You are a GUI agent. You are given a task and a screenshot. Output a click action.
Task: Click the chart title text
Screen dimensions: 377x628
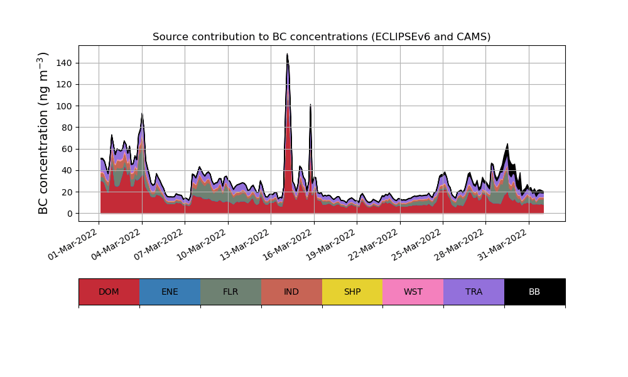point(322,37)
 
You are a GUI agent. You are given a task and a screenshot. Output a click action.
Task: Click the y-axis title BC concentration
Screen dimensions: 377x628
point(43,133)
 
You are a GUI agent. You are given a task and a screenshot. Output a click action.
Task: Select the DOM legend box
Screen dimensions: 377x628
point(109,292)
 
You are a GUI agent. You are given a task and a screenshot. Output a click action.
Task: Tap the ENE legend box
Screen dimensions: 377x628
point(170,292)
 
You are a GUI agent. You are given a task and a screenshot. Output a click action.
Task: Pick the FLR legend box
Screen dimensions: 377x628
point(230,292)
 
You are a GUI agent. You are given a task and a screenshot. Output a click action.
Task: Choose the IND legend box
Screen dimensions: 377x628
point(291,292)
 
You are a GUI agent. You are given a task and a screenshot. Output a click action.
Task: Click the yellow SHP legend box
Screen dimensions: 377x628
point(352,292)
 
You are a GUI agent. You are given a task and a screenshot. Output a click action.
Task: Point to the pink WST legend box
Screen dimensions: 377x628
point(413,292)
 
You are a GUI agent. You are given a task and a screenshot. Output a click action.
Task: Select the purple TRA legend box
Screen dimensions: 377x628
point(474,292)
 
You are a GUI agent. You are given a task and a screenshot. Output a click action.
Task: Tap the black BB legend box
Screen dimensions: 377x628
point(534,292)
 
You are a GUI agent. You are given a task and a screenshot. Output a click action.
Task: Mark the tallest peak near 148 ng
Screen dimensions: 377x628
point(287,55)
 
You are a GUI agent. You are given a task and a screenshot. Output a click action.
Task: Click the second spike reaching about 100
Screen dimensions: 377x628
point(310,105)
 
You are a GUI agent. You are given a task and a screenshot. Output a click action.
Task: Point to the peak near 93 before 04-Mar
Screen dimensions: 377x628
point(142,114)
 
